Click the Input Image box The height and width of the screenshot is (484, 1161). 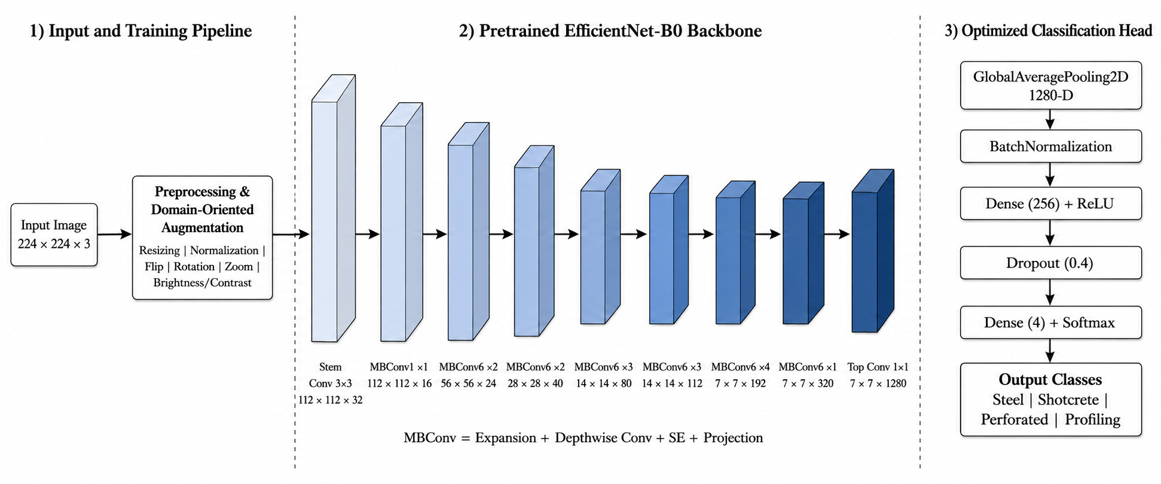(54, 235)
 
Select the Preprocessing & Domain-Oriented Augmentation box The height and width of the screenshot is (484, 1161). (202, 238)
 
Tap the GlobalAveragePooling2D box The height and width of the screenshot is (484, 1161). (1050, 86)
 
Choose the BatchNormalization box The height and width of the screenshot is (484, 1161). (1050, 147)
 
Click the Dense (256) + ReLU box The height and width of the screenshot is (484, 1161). (1050, 203)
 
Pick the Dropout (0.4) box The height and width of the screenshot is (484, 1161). (1050, 263)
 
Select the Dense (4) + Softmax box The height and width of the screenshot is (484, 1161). (1050, 322)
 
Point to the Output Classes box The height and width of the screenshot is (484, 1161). (1050, 399)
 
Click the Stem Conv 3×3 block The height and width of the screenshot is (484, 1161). (334, 208)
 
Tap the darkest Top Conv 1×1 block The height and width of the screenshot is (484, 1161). (873, 251)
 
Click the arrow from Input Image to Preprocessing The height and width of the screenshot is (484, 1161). (114, 235)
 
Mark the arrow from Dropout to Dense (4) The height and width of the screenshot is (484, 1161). (1050, 293)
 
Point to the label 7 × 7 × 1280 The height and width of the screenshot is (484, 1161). (878, 383)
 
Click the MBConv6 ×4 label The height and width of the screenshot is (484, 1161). (740, 367)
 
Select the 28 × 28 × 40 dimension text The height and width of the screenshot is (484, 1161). (535, 383)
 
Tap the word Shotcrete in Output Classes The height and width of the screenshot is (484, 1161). (1068, 400)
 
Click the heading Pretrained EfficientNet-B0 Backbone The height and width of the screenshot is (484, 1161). (610, 31)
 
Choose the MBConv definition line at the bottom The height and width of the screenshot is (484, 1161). (583, 438)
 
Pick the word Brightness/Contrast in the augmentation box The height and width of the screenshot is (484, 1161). (202, 282)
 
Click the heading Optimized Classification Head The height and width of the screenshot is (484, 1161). (1048, 31)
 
